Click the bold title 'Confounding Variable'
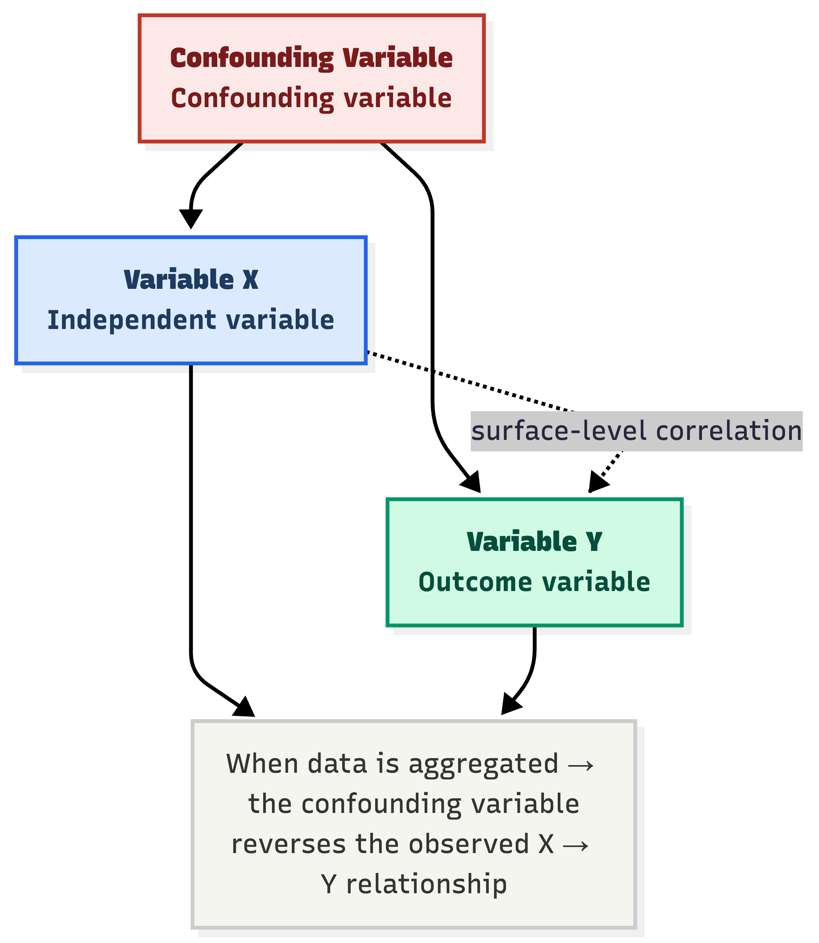pos(311,58)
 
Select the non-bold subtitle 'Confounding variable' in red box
pos(311,98)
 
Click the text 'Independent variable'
pos(191,320)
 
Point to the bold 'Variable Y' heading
pos(534,542)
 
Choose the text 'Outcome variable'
pos(534,582)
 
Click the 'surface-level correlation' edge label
pos(636,431)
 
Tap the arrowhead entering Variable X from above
pos(191,218)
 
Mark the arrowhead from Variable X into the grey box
pos(244,708)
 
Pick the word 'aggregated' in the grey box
pos(483,764)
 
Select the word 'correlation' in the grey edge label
pos(729,431)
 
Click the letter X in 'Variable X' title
pos(250,280)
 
